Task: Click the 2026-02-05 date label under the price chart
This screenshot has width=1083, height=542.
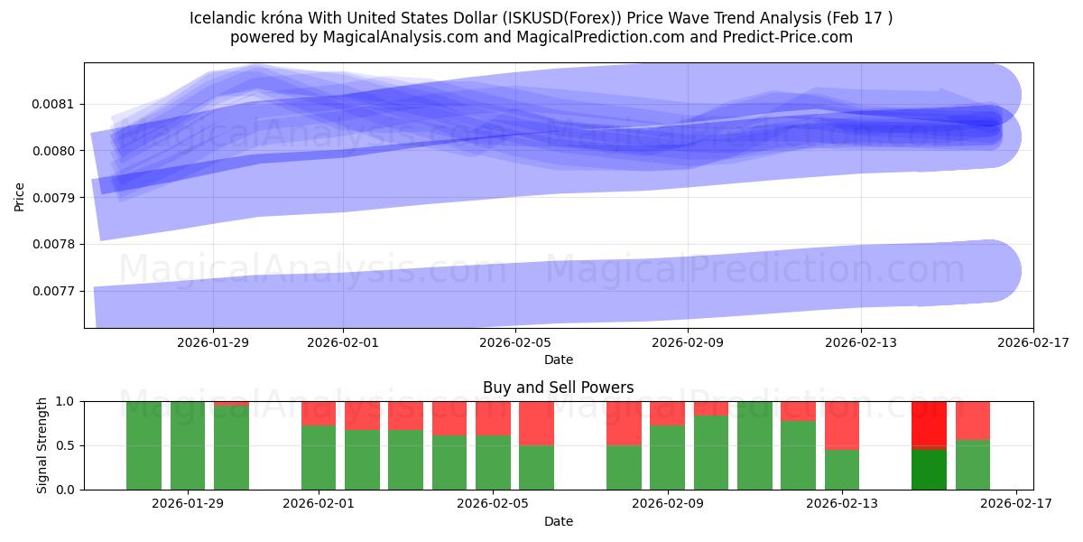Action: tap(515, 342)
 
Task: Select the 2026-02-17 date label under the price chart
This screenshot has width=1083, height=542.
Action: tap(1032, 342)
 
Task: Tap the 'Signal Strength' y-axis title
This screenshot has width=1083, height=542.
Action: tap(42, 445)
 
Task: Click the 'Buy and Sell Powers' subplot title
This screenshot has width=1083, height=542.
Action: tap(558, 388)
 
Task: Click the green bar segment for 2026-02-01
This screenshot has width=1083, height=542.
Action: tap(319, 457)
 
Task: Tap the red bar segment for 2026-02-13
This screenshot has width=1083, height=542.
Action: tap(842, 425)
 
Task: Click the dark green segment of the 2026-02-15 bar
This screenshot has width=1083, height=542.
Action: tap(929, 470)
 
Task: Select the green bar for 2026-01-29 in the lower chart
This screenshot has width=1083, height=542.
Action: tap(188, 445)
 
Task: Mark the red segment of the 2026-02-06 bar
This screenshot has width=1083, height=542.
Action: tap(537, 423)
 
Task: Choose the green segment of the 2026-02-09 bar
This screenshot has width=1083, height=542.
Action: tap(667, 457)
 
